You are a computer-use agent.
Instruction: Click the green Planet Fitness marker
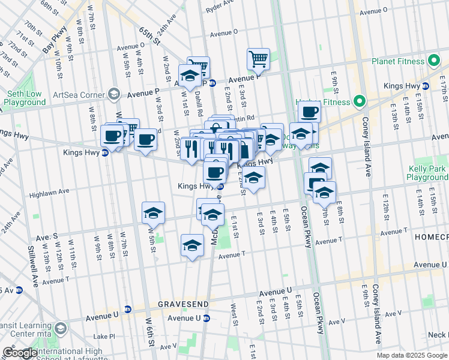click(434, 61)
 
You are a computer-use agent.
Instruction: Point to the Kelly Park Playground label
click(426, 173)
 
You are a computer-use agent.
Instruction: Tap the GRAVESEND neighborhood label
click(182, 304)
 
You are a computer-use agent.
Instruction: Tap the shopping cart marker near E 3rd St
click(258, 59)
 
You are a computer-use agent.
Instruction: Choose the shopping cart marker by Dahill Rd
click(198, 66)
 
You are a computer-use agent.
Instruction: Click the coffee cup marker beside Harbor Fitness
click(310, 112)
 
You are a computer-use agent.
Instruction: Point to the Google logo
click(20, 353)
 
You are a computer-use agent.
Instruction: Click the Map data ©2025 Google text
click(412, 355)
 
